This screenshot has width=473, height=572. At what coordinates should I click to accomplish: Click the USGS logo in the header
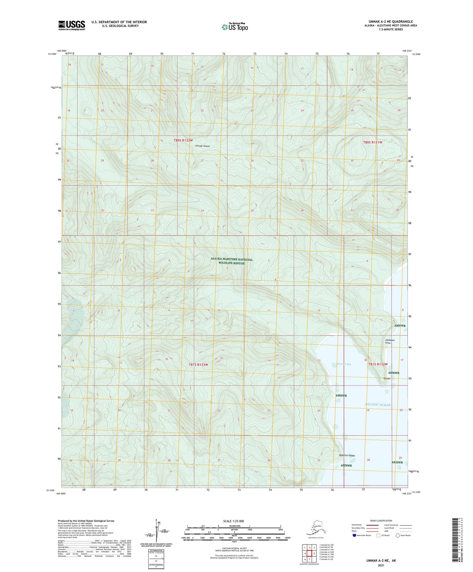(71, 25)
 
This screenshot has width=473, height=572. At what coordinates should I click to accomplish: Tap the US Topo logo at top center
(234, 27)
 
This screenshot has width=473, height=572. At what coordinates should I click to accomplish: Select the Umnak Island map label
(202, 146)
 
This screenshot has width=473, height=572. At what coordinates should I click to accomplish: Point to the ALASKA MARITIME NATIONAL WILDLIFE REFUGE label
(232, 261)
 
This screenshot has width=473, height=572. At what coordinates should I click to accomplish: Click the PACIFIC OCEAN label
(378, 405)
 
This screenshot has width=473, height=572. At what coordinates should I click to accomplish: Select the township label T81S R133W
(198, 364)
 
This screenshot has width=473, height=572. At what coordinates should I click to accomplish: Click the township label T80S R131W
(373, 142)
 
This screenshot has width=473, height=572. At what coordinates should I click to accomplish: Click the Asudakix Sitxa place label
(390, 341)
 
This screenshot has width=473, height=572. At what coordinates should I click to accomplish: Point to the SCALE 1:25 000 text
(234, 521)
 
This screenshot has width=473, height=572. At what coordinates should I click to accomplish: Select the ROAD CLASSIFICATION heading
(381, 521)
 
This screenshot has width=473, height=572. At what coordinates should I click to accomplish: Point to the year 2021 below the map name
(381, 565)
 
